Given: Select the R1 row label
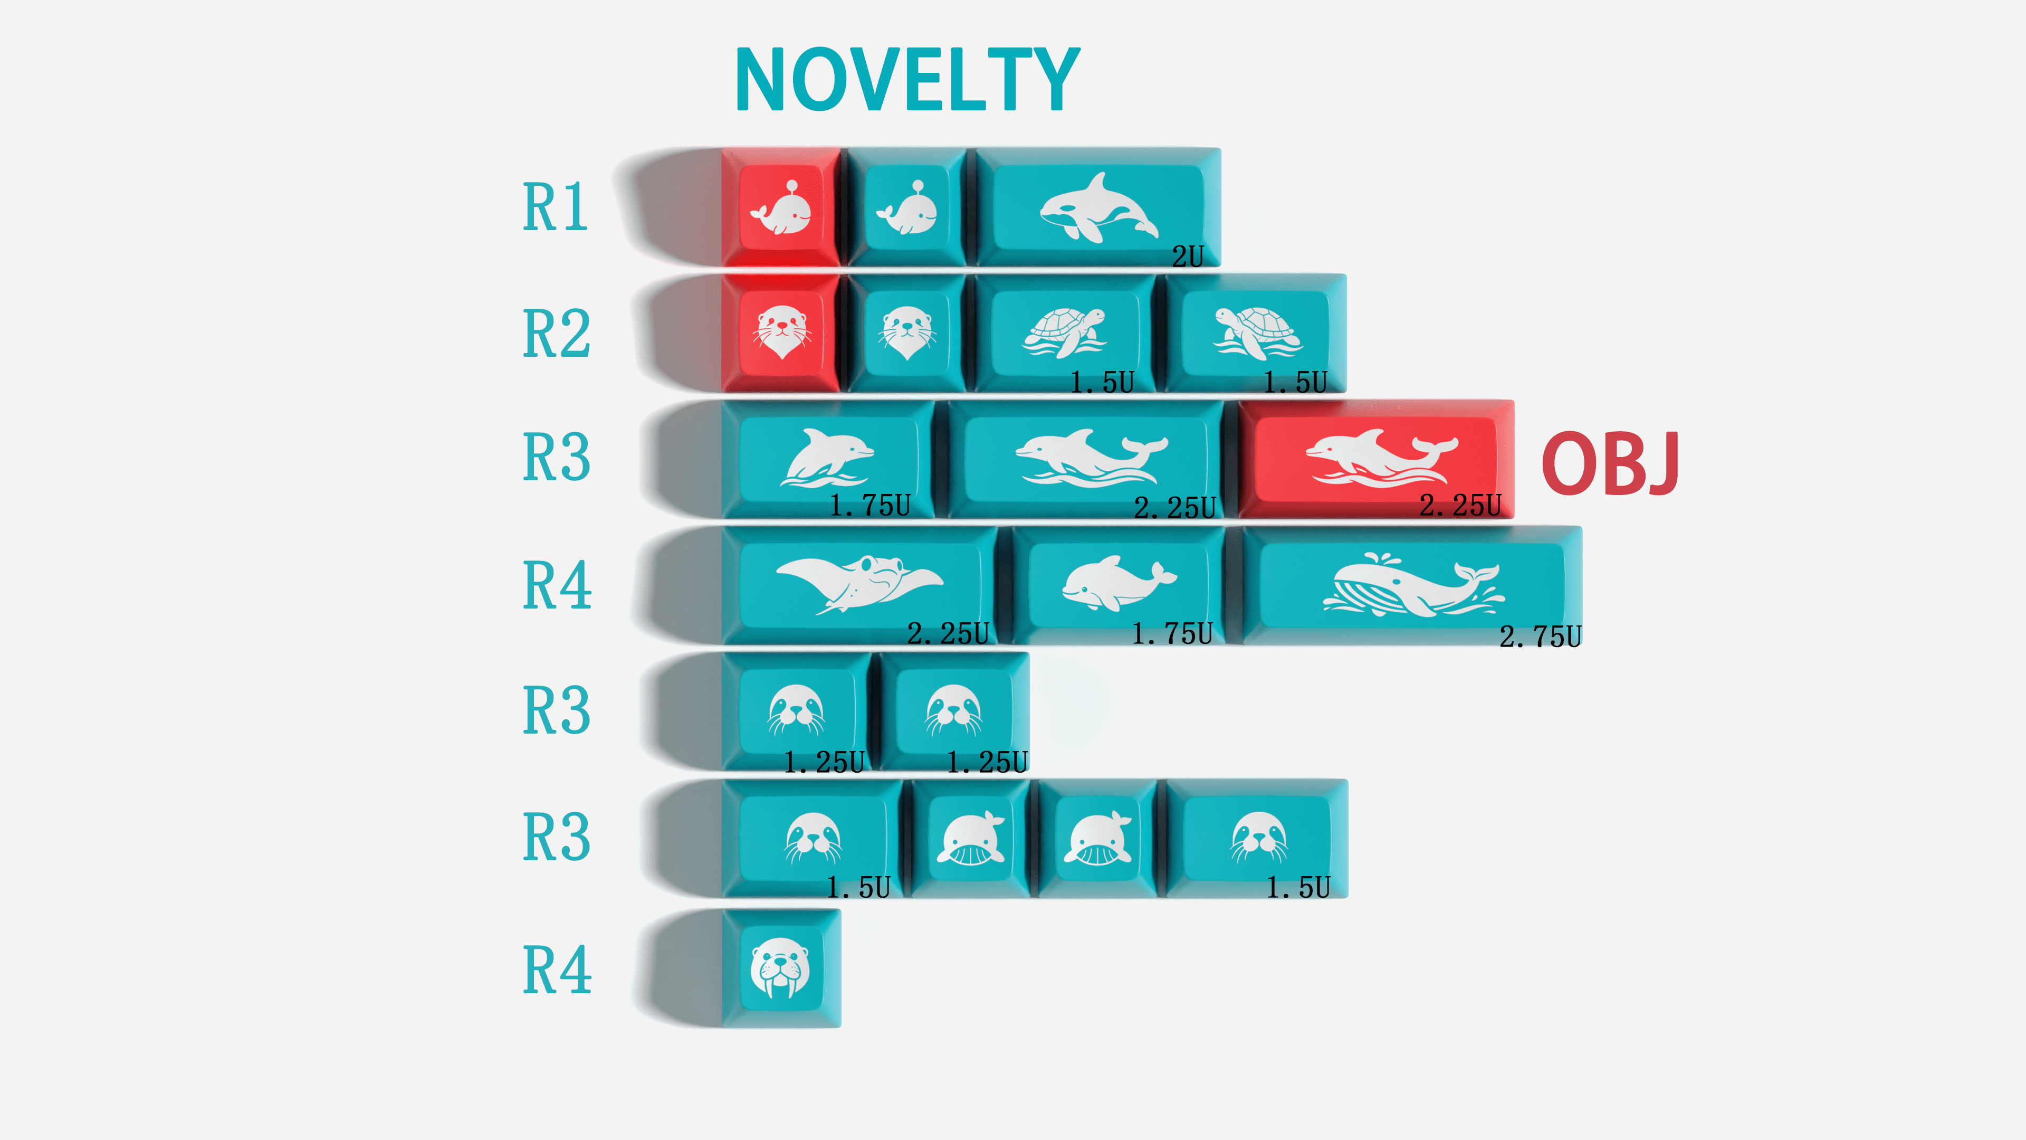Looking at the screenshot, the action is [555, 207].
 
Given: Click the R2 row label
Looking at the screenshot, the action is [557, 333].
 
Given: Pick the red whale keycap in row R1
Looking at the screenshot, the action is [781, 207].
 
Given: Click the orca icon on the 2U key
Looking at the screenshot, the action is [1098, 207].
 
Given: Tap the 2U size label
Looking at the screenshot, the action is [1188, 255].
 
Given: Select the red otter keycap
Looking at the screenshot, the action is [781, 333].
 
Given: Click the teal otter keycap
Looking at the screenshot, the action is [907, 333].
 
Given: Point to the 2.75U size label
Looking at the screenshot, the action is [1540, 635].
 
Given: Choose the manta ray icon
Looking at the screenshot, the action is [859, 584].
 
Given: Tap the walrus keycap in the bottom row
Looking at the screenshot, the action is [781, 968].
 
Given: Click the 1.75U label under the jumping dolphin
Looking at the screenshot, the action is [870, 505].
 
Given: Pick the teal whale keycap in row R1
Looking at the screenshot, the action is [907, 207].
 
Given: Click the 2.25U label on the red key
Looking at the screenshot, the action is [1460, 505].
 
